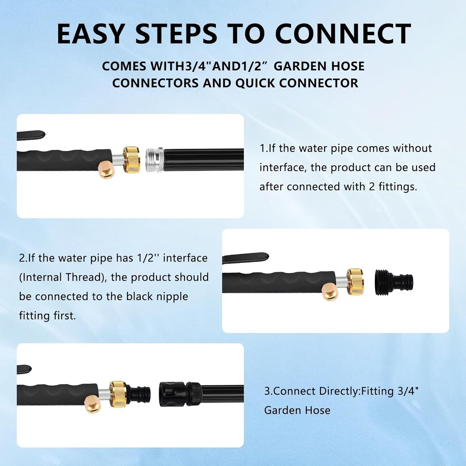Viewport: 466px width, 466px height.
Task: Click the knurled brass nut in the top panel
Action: [132, 160]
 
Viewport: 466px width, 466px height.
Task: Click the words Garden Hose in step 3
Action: [297, 410]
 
